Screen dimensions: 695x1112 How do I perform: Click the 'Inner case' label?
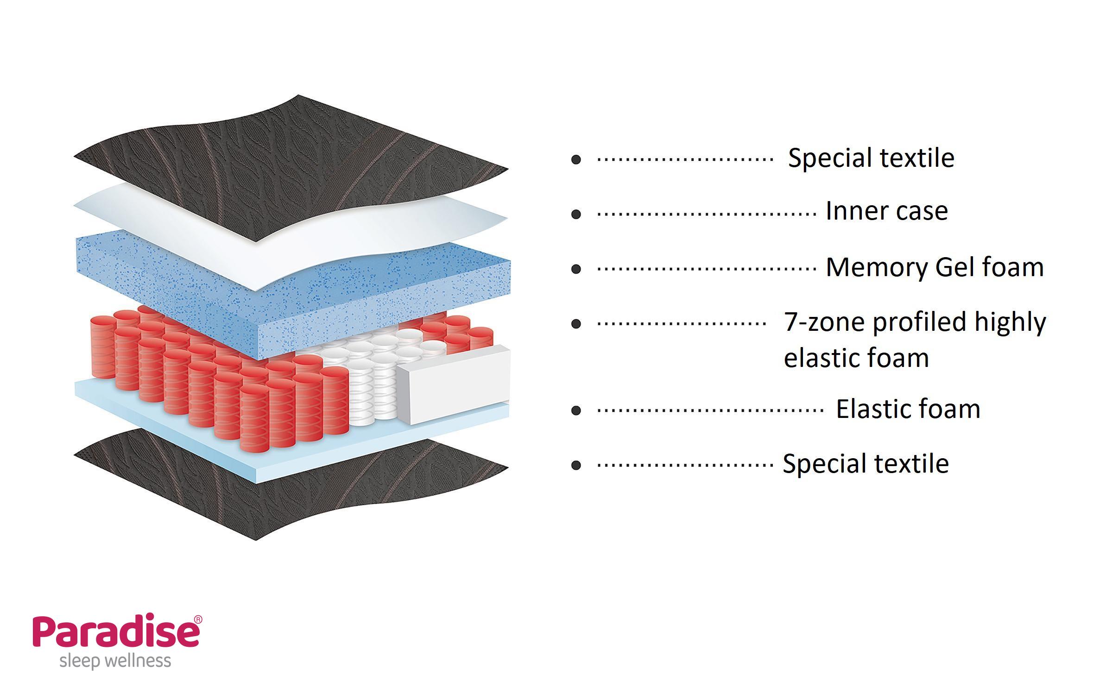(887, 211)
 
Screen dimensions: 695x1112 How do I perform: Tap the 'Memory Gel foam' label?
(935, 267)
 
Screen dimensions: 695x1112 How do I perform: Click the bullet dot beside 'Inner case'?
(576, 214)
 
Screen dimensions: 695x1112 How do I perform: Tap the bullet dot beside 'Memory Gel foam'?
(576, 269)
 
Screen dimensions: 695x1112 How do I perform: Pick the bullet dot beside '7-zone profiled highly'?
(576, 323)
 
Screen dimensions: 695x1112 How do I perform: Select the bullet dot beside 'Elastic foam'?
(576, 410)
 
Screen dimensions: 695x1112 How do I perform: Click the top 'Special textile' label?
(871, 158)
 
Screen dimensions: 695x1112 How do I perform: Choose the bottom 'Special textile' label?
(866, 463)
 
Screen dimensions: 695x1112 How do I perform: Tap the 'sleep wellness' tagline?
(115, 661)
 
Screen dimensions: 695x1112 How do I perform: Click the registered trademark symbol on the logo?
(198, 619)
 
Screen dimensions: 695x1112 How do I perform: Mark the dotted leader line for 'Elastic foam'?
(709, 410)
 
